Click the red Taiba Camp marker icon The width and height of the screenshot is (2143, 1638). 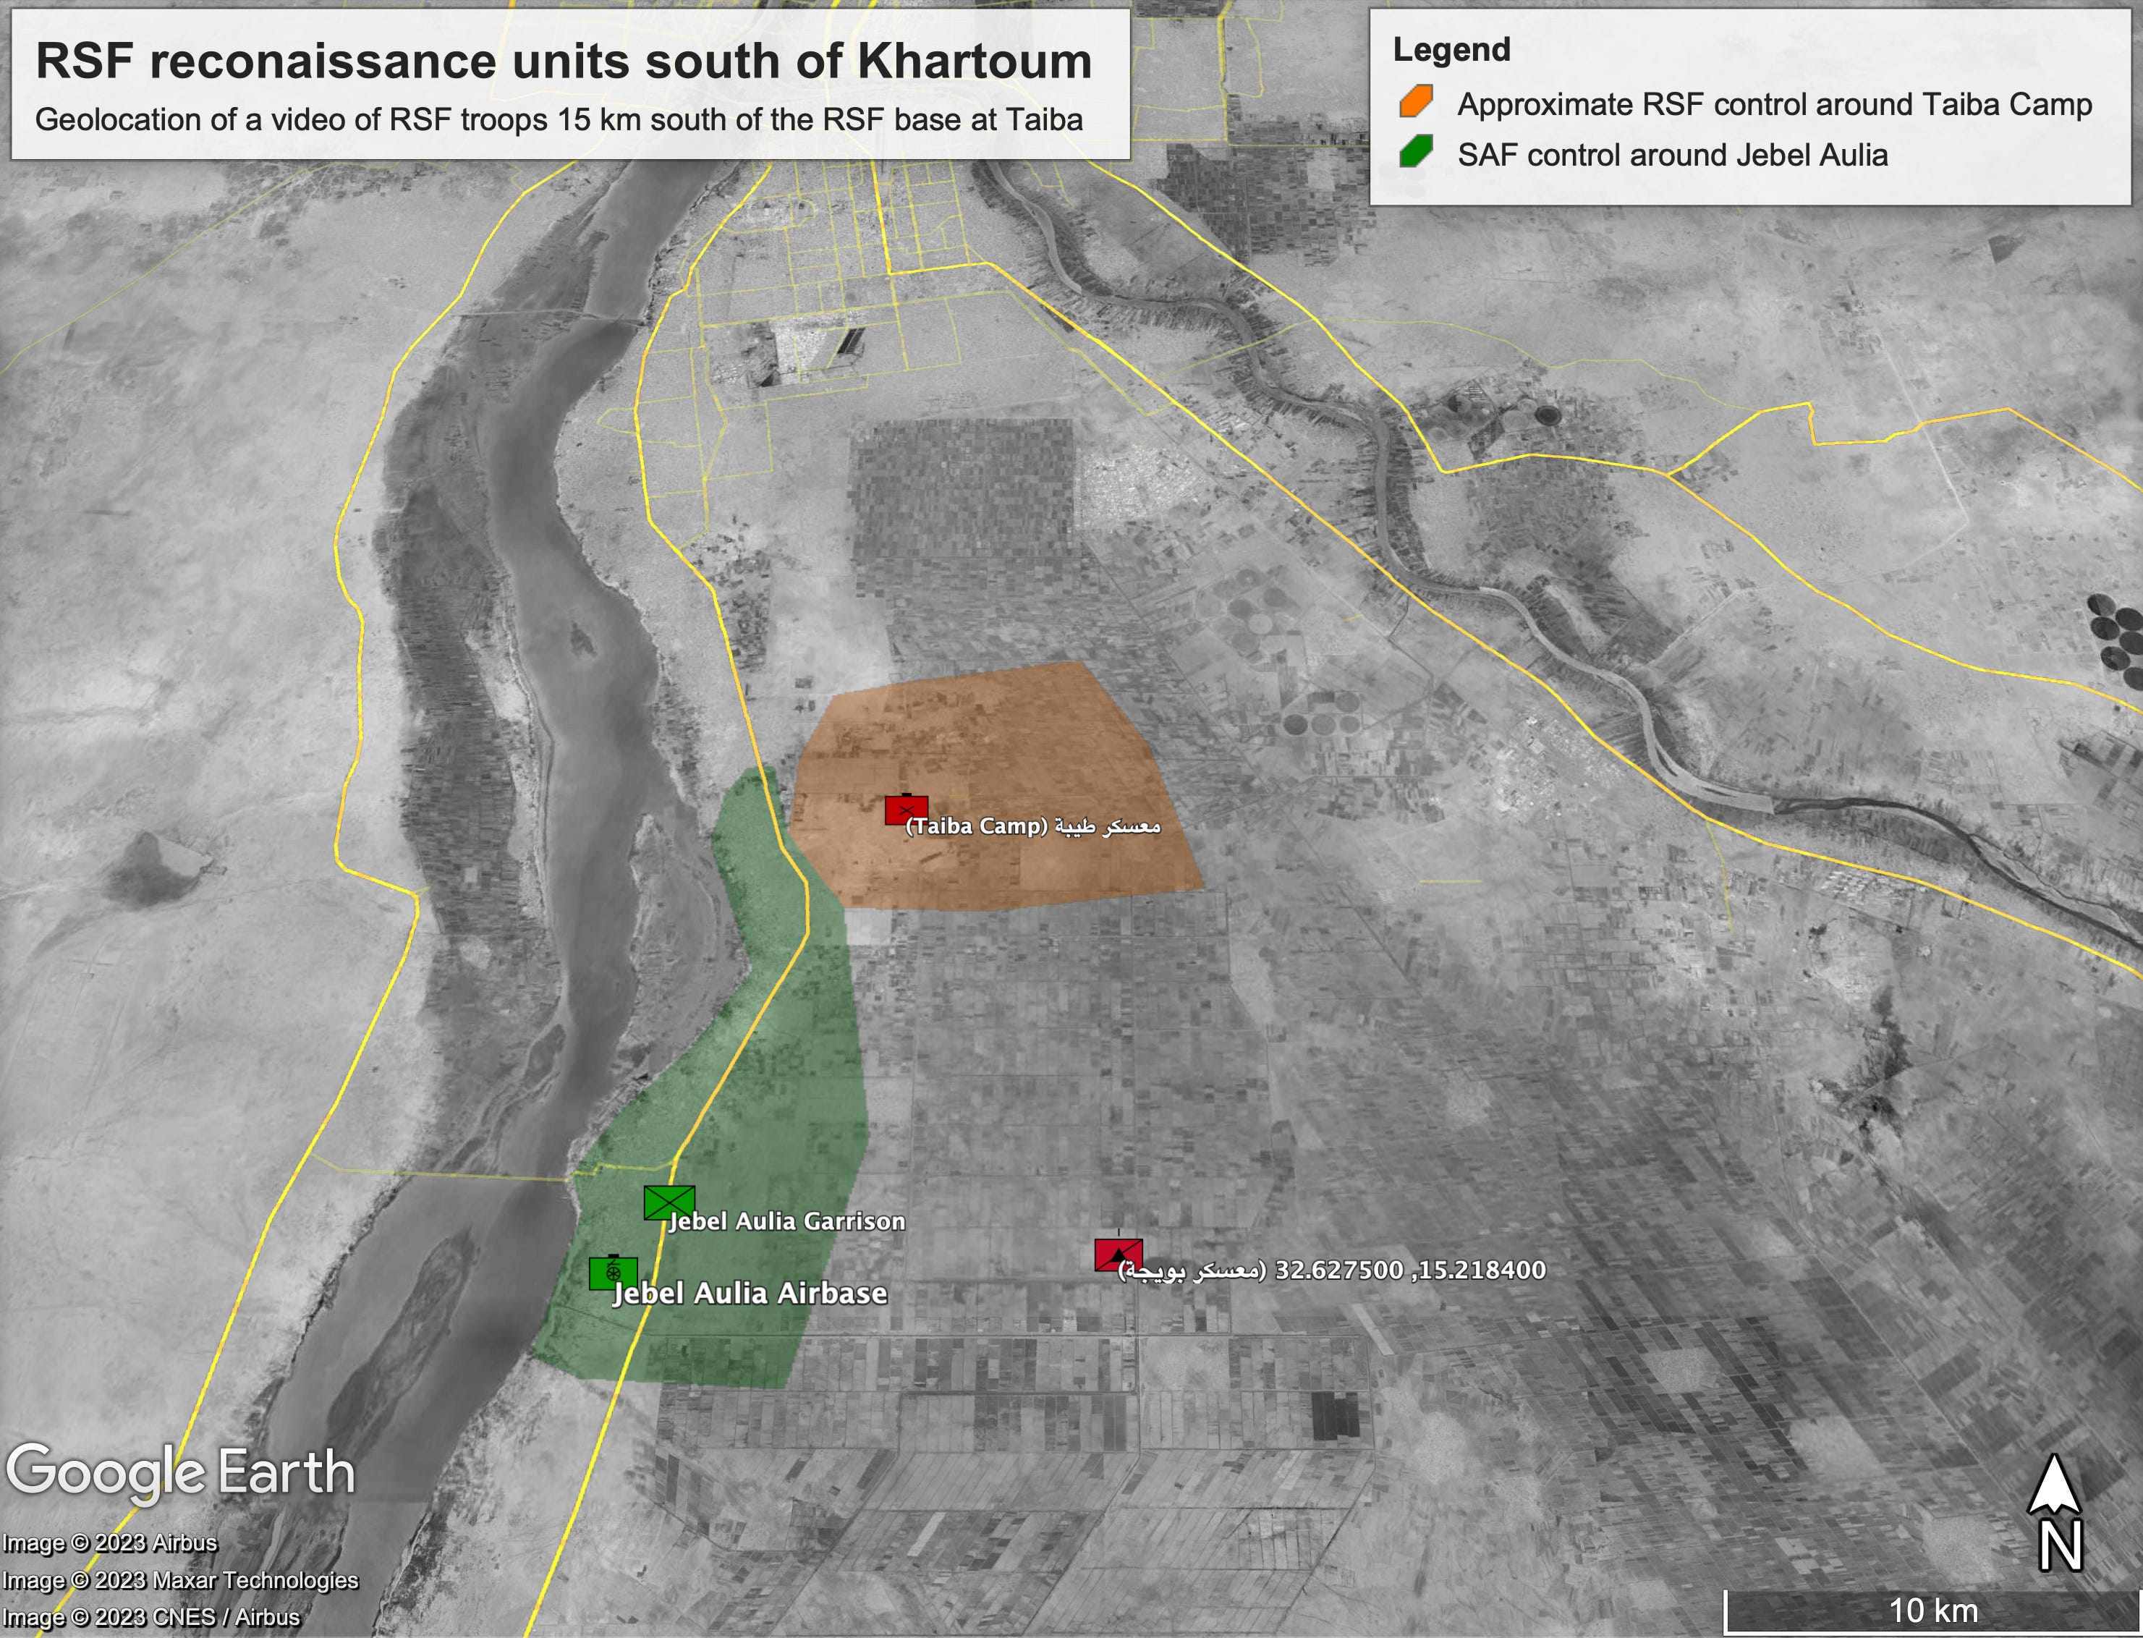(906, 810)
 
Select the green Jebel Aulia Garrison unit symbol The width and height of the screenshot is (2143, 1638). (669, 1202)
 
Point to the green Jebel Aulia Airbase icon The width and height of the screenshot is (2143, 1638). (614, 1273)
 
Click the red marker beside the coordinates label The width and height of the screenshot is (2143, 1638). (1119, 1255)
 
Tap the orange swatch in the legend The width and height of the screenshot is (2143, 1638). (1416, 101)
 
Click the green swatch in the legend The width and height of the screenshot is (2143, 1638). (1416, 152)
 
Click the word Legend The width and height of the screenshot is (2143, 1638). (1451, 50)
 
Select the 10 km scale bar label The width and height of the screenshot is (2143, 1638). (1932, 1611)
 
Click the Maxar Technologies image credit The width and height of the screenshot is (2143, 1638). (180, 1579)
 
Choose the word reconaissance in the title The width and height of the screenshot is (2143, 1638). (323, 61)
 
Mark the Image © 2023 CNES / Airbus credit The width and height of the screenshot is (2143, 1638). (151, 1616)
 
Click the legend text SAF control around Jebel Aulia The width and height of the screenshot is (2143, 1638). (1672, 155)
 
